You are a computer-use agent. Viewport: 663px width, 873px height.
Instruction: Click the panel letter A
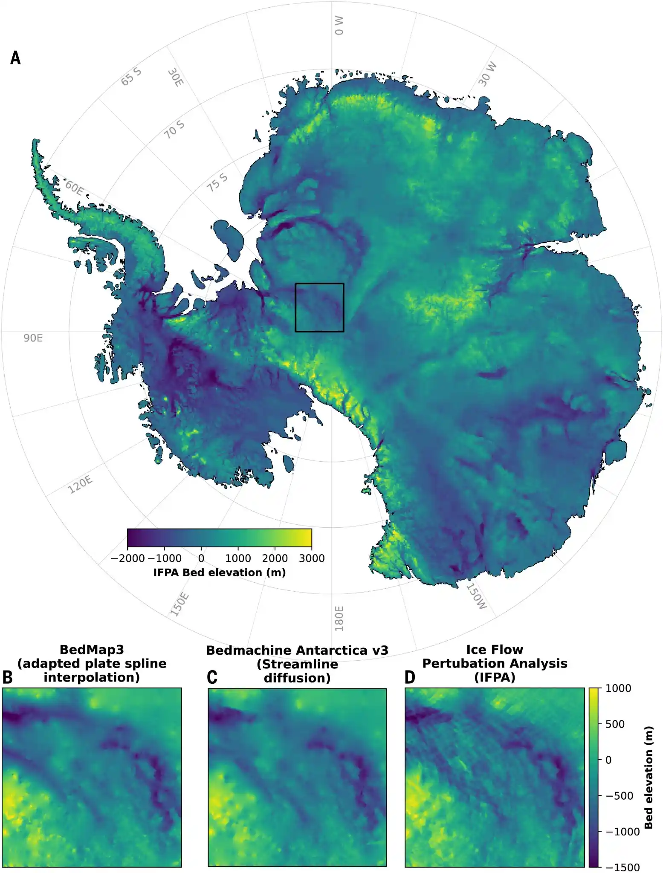[15, 58]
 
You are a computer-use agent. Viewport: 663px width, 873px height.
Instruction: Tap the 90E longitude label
[33, 338]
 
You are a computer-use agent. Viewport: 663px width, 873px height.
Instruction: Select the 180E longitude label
[339, 618]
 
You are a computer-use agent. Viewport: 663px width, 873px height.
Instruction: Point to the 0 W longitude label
[339, 26]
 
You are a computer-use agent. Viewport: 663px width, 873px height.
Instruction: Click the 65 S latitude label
[131, 76]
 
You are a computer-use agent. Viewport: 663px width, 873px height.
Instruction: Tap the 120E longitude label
[80, 484]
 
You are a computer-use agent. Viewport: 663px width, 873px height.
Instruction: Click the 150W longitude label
[476, 596]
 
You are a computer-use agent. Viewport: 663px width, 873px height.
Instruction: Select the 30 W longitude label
[487, 73]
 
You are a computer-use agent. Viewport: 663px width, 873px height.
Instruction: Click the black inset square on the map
[319, 284]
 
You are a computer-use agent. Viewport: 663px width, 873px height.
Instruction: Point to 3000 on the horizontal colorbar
[312, 558]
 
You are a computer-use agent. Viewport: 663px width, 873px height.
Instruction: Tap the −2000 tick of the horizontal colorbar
[127, 558]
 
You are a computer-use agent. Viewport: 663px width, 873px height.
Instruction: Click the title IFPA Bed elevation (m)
[219, 572]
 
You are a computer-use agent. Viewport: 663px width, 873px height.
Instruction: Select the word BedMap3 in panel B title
[92, 649]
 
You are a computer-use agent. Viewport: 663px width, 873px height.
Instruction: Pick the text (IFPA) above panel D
[495, 677]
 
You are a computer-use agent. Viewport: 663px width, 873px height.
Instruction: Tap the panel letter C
[212, 677]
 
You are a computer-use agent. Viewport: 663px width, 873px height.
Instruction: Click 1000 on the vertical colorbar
[618, 688]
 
